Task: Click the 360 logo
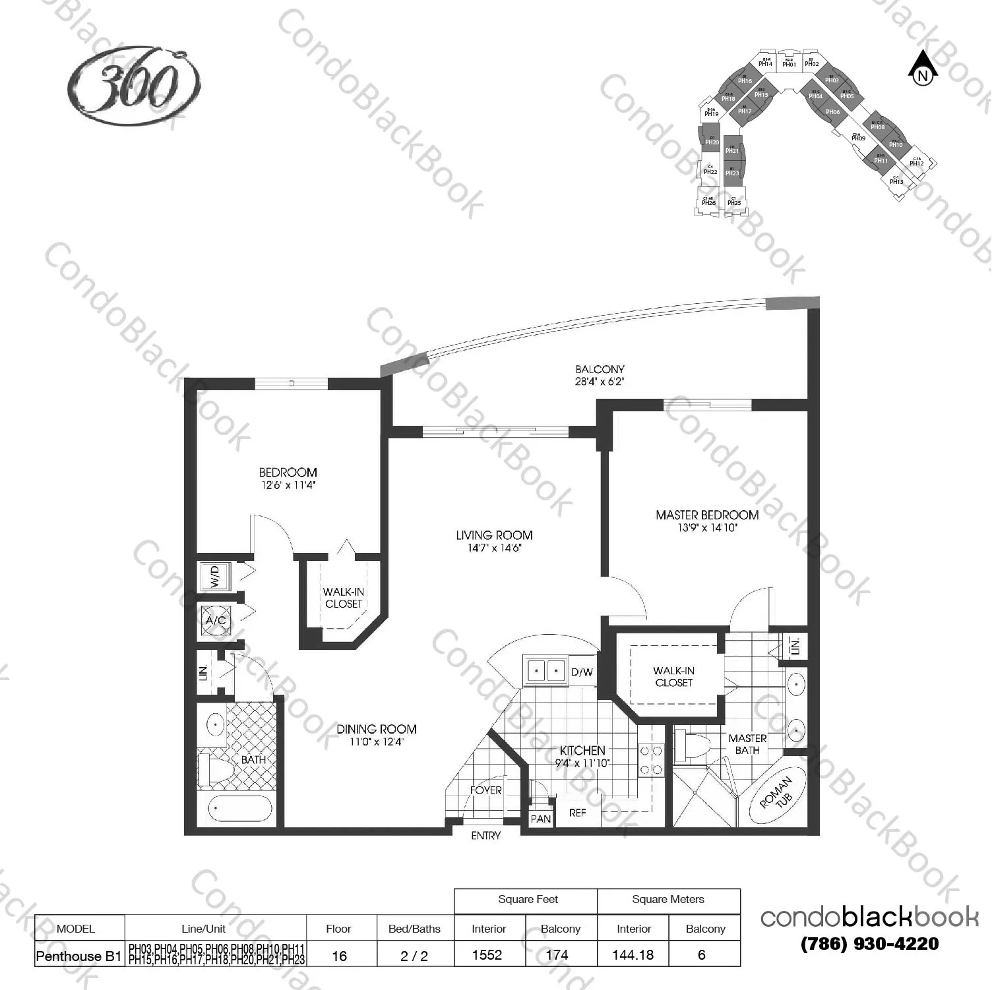(134, 84)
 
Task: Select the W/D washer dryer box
(215, 576)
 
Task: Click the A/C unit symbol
(216, 620)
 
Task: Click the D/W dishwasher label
(582, 672)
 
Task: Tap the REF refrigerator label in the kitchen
(577, 813)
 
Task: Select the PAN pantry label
(540, 819)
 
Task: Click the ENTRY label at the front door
(485, 835)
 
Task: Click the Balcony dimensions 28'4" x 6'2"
(599, 382)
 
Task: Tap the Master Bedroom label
(706, 515)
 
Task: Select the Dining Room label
(376, 729)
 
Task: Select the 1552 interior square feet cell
(487, 954)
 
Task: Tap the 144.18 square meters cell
(633, 954)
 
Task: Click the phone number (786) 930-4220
(869, 944)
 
